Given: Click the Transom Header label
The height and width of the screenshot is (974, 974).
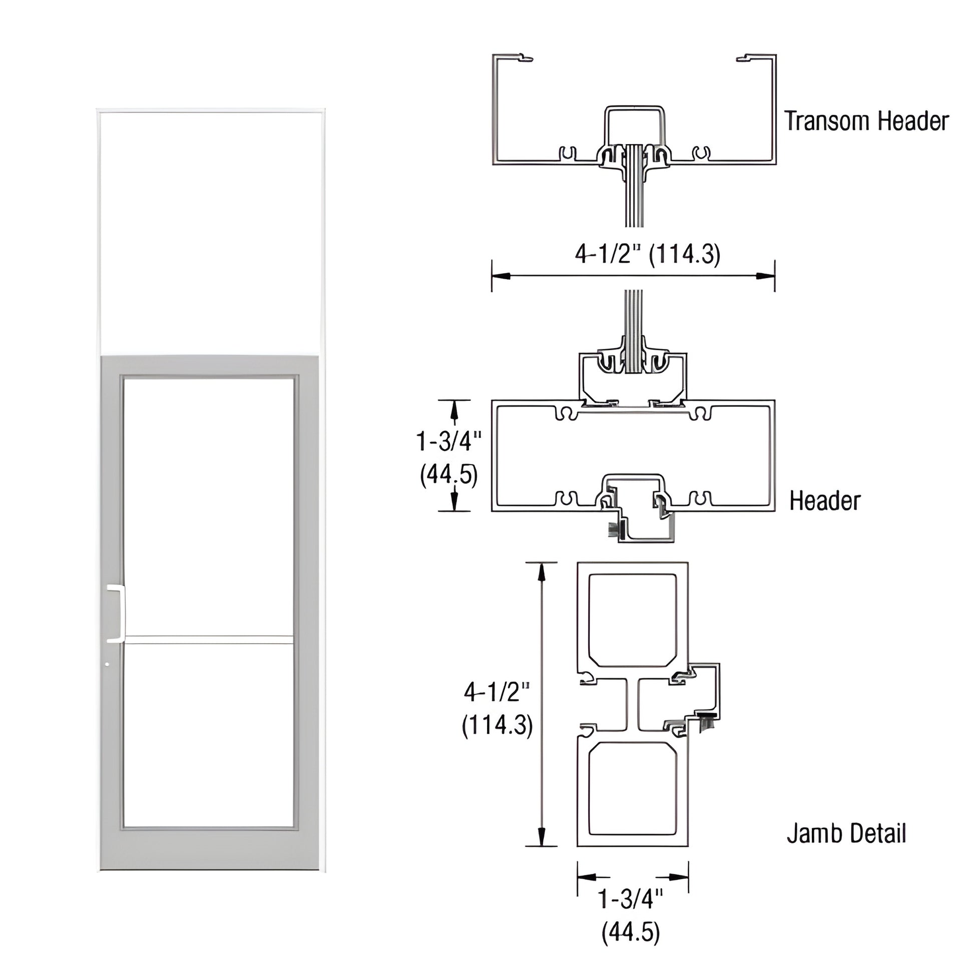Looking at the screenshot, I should [x=866, y=121].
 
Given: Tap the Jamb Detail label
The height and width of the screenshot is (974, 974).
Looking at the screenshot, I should [x=846, y=833].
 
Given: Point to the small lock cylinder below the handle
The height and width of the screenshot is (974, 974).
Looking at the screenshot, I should [x=107, y=665].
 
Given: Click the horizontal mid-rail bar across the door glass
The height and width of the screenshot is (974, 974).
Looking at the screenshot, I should [x=209, y=640].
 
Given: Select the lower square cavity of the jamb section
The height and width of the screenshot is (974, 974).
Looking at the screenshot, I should [x=632, y=796].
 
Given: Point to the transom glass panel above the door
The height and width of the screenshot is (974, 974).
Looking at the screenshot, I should [x=211, y=232].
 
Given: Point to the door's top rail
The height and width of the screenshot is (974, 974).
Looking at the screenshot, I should [x=209, y=365].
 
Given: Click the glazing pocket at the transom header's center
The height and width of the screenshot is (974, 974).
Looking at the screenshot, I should [x=635, y=151].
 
